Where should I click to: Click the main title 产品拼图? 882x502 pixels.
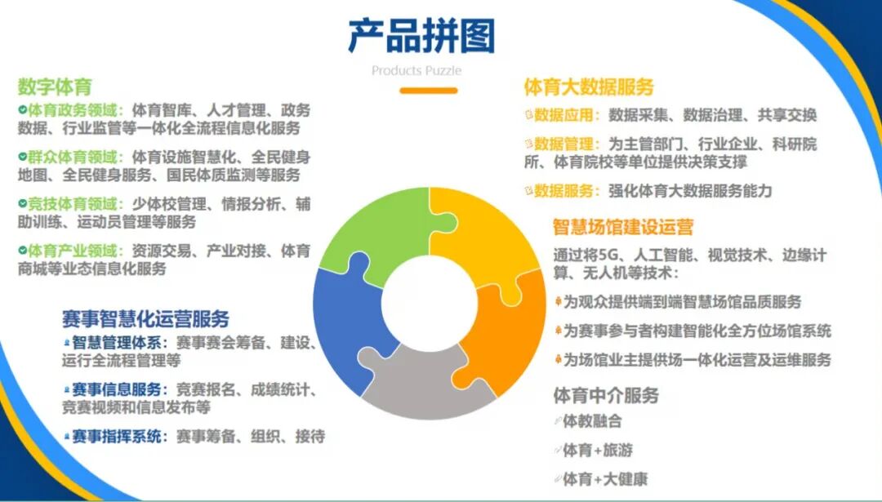(x=421, y=36)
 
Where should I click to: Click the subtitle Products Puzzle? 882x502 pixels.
(x=416, y=71)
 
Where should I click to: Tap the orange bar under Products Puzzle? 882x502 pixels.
(x=428, y=90)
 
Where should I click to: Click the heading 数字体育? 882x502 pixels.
(x=55, y=87)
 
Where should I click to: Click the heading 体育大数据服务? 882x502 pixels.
(x=589, y=87)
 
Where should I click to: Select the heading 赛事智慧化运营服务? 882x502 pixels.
(x=146, y=318)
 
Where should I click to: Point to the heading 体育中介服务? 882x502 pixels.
(x=606, y=396)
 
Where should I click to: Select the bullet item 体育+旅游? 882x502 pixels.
(x=598, y=450)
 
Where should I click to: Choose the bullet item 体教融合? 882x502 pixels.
(x=592, y=421)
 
